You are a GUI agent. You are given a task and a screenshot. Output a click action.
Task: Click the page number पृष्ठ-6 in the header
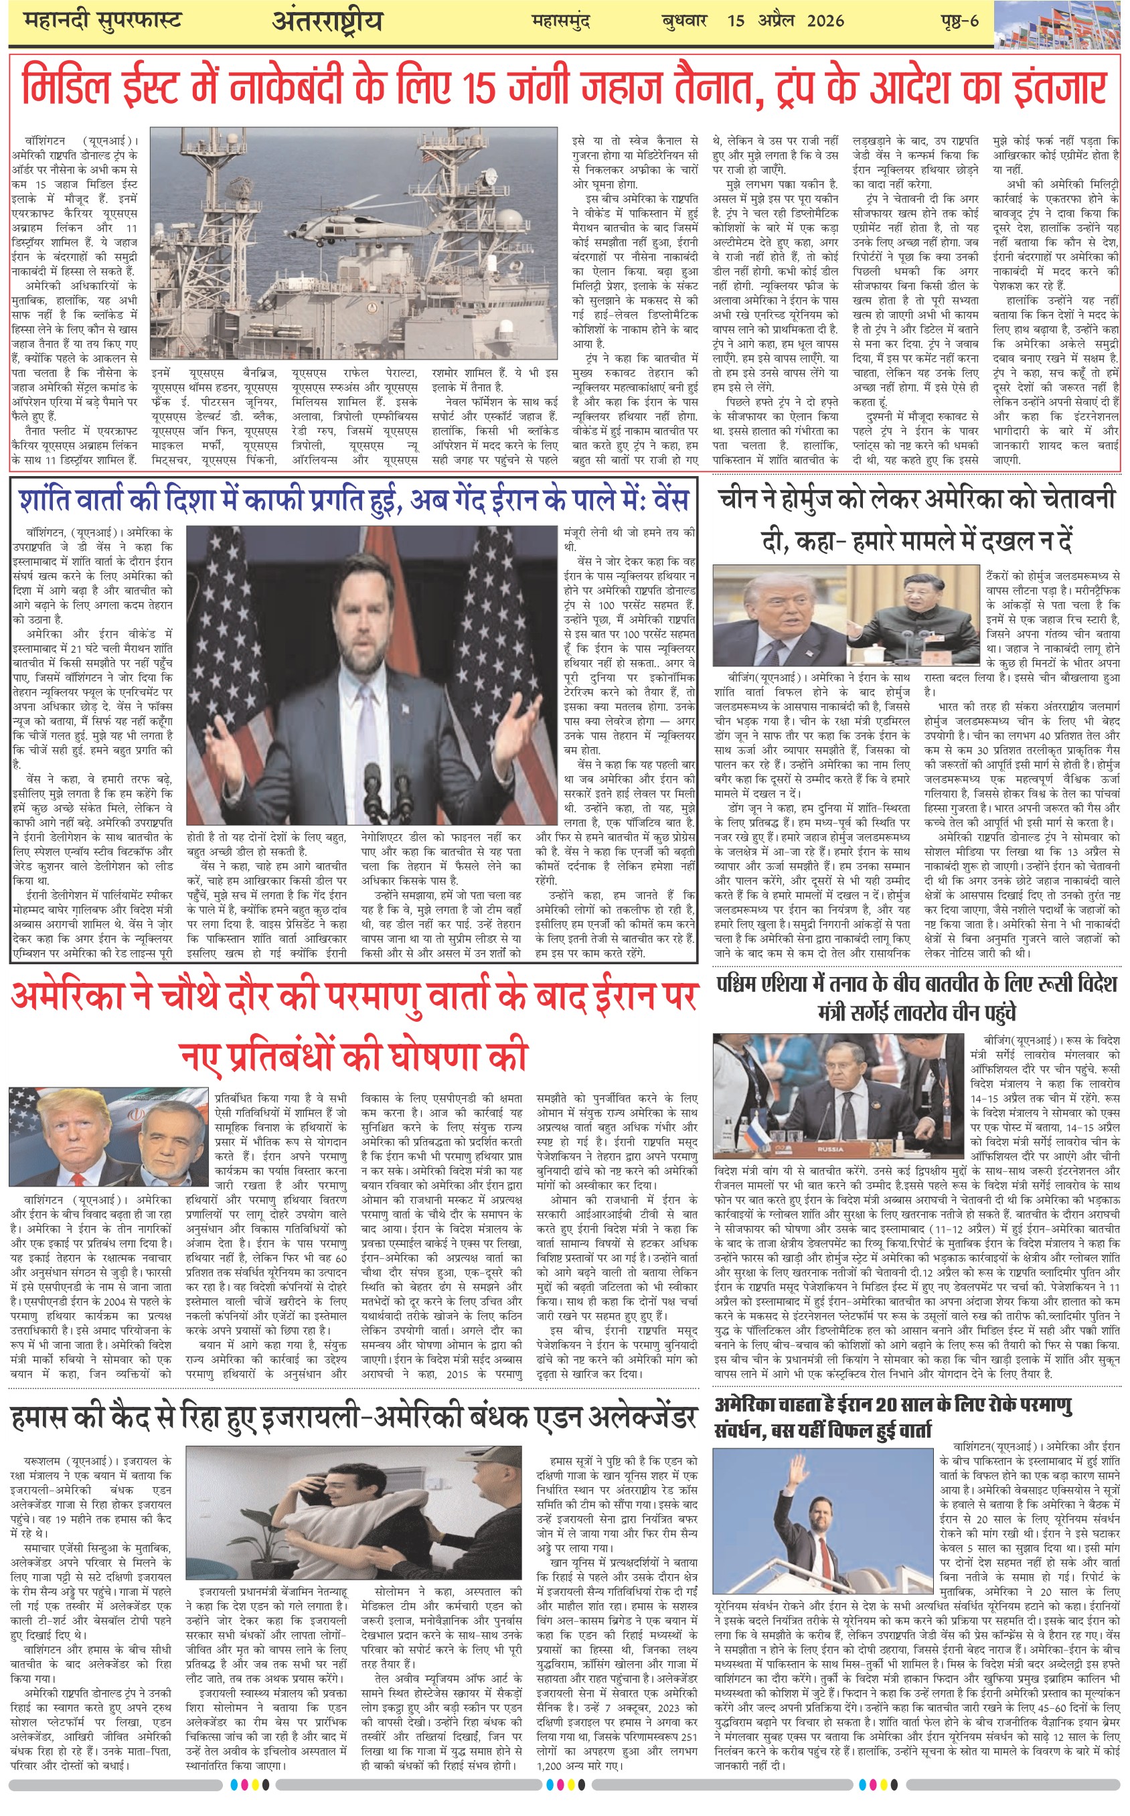point(959,21)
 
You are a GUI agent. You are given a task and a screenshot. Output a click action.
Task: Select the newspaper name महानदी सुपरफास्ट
point(102,21)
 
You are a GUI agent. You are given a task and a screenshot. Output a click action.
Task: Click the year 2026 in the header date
point(826,21)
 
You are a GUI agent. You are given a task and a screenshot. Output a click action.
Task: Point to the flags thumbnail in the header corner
point(1061,25)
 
